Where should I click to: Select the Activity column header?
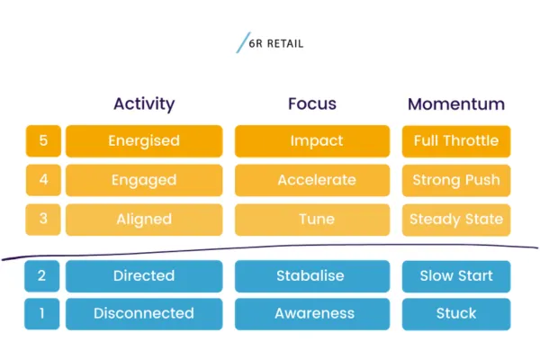click(x=144, y=103)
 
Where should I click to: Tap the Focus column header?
click(x=312, y=103)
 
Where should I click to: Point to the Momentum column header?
click(x=456, y=103)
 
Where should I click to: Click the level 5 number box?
click(x=43, y=141)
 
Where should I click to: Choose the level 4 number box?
click(x=43, y=180)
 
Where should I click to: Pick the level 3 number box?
click(x=43, y=220)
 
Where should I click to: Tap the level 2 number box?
click(x=43, y=276)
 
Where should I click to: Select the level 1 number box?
click(x=43, y=314)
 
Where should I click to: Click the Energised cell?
click(x=144, y=141)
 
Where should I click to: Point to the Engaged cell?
click(x=144, y=180)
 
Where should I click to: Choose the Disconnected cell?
click(x=144, y=314)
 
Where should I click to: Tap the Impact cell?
click(x=312, y=141)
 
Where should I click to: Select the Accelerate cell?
click(x=312, y=180)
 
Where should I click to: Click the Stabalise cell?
click(x=312, y=276)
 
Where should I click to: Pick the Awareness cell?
click(x=312, y=314)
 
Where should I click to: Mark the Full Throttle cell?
click(x=456, y=141)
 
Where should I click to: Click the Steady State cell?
click(x=456, y=220)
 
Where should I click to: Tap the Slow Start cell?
click(x=456, y=276)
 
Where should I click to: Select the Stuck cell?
click(x=456, y=314)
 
